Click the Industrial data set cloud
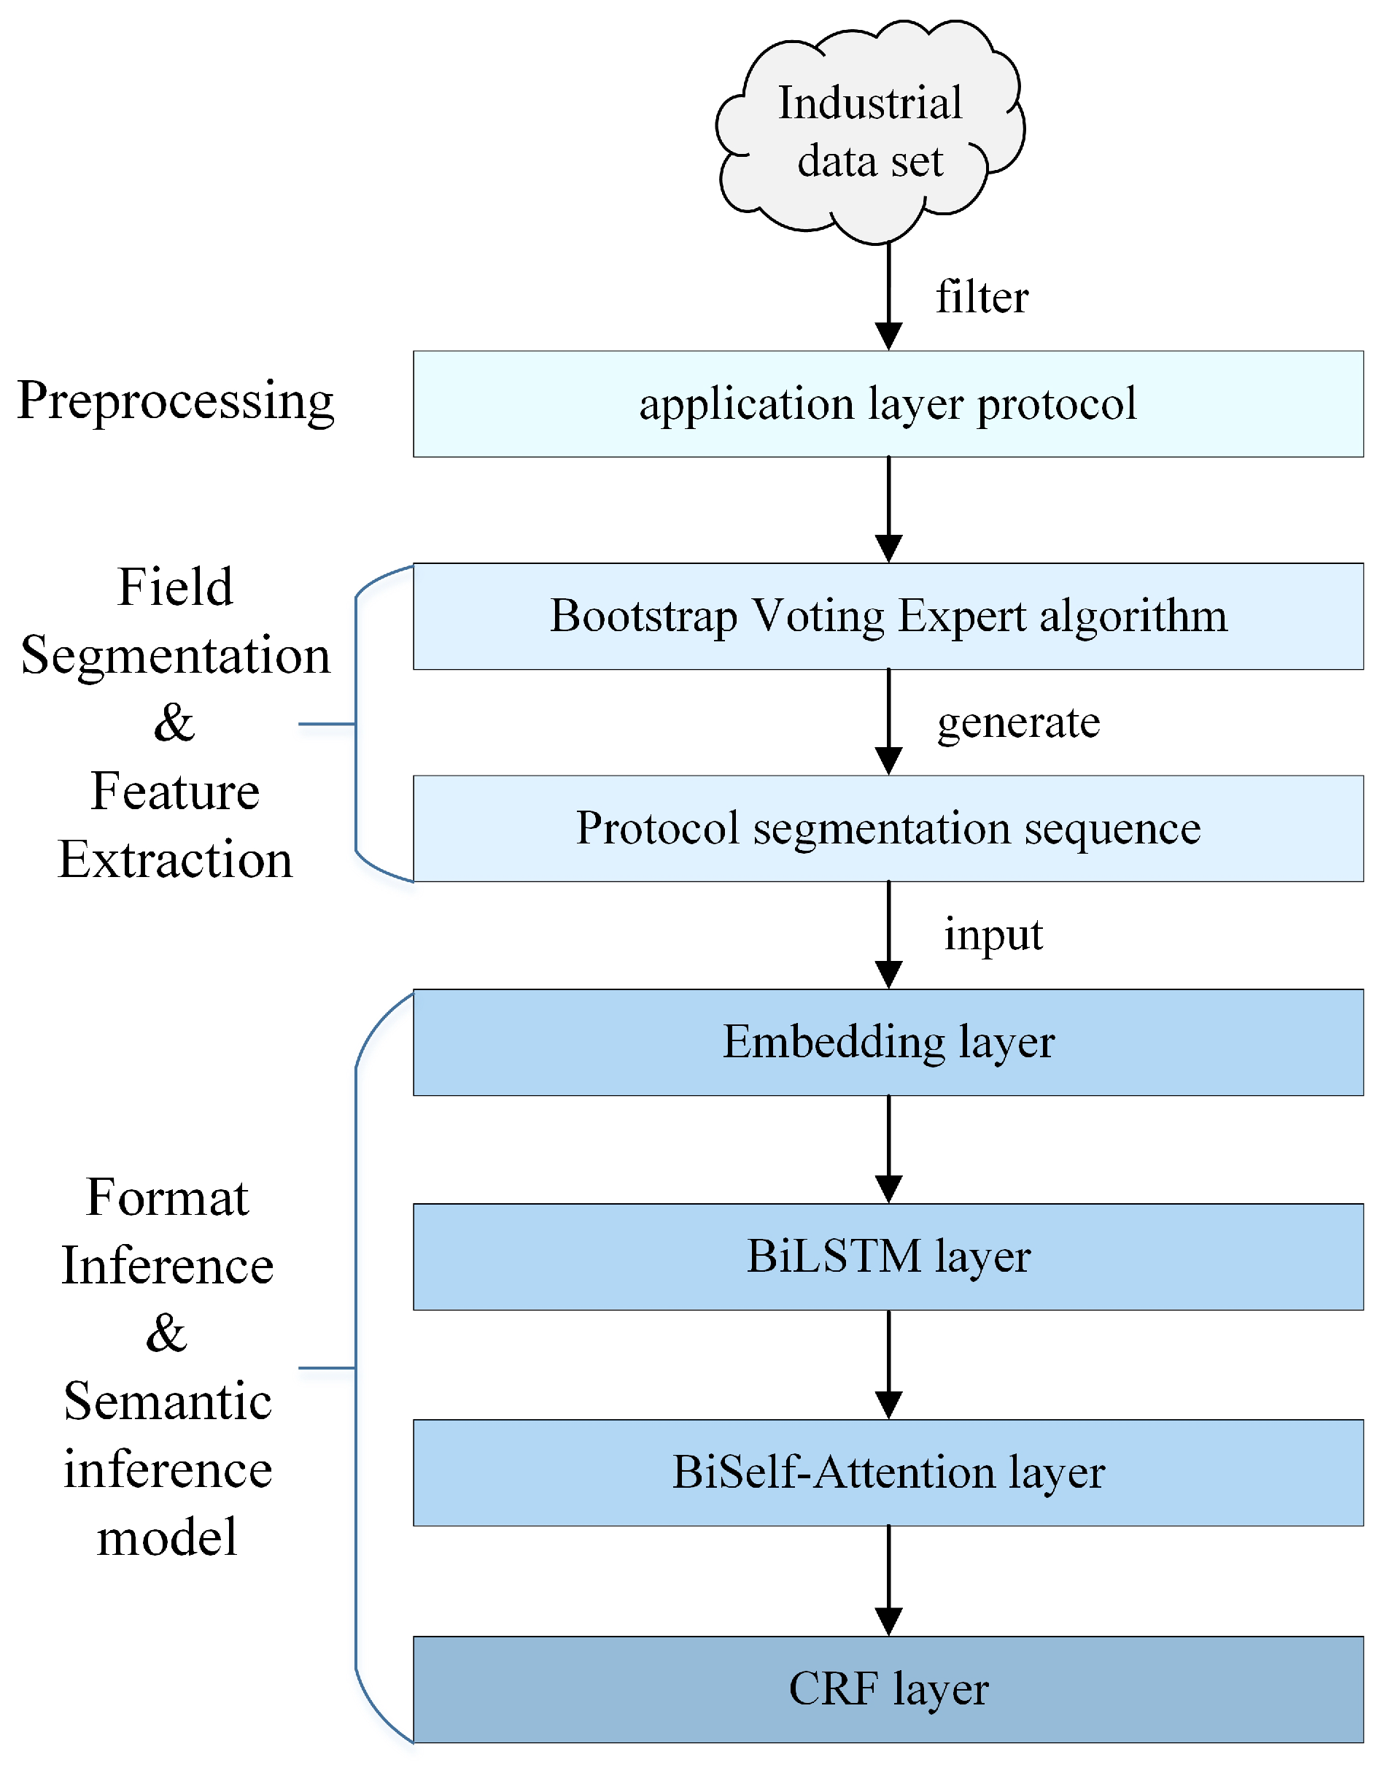pyautogui.click(x=869, y=132)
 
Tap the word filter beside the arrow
pyautogui.click(x=981, y=297)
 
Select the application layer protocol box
pyautogui.click(x=887, y=404)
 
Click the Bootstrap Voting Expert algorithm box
pyautogui.click(x=887, y=616)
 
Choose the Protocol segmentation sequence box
pyautogui.click(x=887, y=828)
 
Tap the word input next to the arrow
pyautogui.click(x=993, y=935)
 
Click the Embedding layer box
pyautogui.click(x=887, y=1042)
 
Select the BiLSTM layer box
pyautogui.click(x=887, y=1256)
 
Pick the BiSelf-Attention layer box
pyautogui.click(x=887, y=1472)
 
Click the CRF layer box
pyautogui.click(x=887, y=1689)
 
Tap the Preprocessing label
pyautogui.click(x=175, y=401)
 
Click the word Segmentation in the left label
pyautogui.click(x=175, y=655)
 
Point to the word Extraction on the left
pyautogui.click(x=175, y=860)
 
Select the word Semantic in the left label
pyautogui.click(x=167, y=1402)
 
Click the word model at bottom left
pyautogui.click(x=167, y=1537)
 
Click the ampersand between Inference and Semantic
pyautogui.click(x=166, y=1334)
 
